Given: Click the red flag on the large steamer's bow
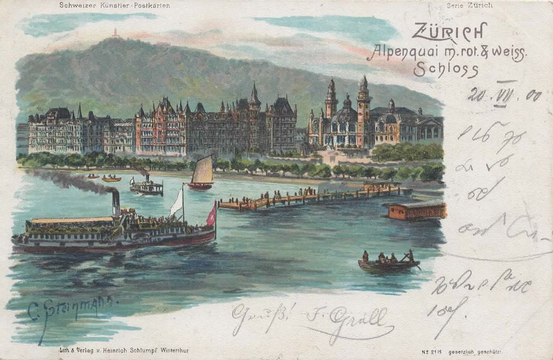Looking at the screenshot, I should tap(211, 215).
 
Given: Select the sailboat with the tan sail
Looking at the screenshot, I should tap(202, 173).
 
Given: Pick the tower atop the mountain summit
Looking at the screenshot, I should tap(116, 33).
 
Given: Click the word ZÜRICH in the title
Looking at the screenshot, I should tap(448, 32).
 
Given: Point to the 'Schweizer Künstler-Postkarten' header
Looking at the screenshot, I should tap(114, 6).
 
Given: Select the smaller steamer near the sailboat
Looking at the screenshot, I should tap(146, 187).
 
